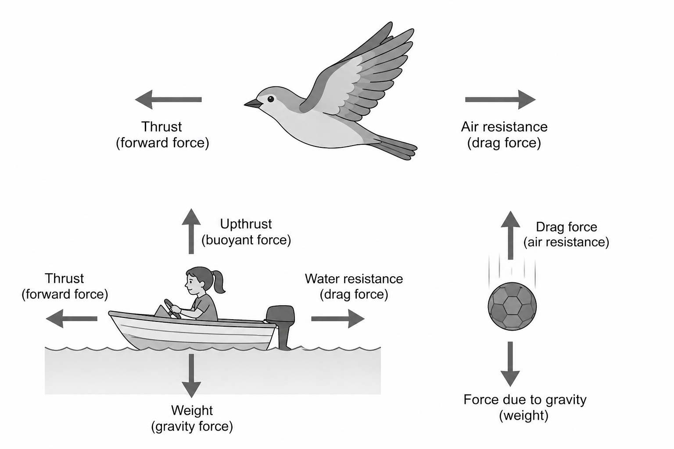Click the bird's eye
click(x=270, y=99)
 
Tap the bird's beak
click(x=252, y=103)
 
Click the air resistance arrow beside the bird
click(x=500, y=100)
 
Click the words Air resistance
click(x=504, y=127)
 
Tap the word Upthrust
click(x=246, y=224)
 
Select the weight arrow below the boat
click(x=191, y=375)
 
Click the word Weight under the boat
click(x=192, y=410)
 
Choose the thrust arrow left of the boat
click(x=72, y=319)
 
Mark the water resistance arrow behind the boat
click(x=337, y=319)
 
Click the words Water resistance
click(x=354, y=279)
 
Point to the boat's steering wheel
click(x=171, y=308)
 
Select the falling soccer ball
click(x=512, y=306)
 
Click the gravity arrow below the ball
click(x=510, y=364)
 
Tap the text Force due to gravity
click(x=525, y=400)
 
